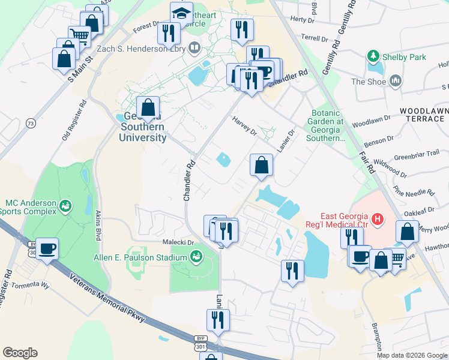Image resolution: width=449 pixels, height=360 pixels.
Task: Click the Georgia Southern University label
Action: tap(143, 127)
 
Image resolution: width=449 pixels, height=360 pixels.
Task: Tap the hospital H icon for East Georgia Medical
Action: tap(377, 220)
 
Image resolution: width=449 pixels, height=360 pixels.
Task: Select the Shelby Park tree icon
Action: tap(374, 57)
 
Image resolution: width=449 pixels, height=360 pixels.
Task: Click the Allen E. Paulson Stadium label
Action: tap(141, 258)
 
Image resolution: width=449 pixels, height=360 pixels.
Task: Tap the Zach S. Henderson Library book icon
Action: tap(194, 47)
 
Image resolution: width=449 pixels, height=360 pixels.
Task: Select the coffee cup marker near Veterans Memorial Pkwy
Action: tap(47, 248)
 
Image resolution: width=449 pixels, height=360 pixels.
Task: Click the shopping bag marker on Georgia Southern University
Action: tap(149, 108)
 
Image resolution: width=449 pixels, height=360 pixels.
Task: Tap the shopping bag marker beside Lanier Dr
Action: tap(261, 166)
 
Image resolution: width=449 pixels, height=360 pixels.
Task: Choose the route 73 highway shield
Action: tap(31, 123)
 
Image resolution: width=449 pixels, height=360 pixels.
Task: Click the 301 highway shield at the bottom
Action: tap(200, 348)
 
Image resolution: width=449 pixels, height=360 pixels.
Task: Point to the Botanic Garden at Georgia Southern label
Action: tap(327, 125)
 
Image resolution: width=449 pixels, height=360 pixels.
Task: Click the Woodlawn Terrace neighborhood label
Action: tap(422, 115)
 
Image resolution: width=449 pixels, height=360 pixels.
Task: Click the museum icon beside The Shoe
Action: tap(396, 81)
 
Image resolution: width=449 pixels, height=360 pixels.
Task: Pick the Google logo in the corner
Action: tap(20, 353)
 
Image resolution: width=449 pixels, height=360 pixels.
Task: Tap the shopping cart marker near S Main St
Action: tap(79, 35)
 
